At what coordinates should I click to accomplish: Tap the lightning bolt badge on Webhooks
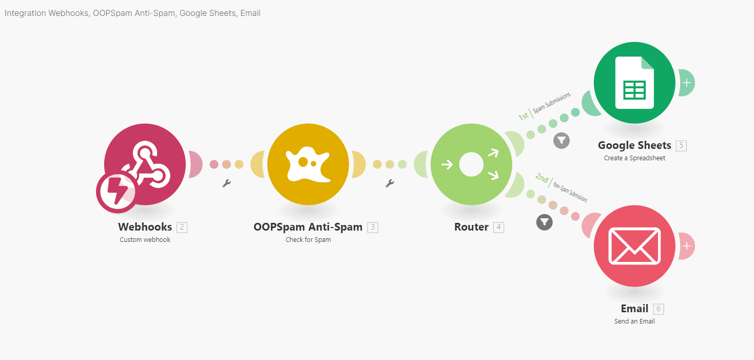[117, 193]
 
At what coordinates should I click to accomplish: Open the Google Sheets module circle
[634, 83]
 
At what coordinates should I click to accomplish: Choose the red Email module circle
[634, 246]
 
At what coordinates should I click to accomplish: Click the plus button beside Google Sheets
[687, 83]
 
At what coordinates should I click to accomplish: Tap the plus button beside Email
[687, 246]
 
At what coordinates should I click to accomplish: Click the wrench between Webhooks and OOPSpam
[226, 183]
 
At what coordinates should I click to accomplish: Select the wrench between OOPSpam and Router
[390, 183]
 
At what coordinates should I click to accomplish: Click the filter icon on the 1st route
[562, 140]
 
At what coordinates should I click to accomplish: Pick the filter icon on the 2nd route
[545, 222]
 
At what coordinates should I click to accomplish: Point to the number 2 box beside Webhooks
[182, 227]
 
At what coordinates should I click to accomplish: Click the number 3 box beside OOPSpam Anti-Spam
[373, 227]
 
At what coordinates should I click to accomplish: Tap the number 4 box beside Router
[498, 227]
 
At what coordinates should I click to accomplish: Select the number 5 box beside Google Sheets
[681, 145]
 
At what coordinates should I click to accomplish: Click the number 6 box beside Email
[659, 309]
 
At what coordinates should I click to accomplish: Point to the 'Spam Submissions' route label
[552, 103]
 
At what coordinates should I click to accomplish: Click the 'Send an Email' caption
[634, 321]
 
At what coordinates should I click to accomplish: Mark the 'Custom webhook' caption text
[145, 240]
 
